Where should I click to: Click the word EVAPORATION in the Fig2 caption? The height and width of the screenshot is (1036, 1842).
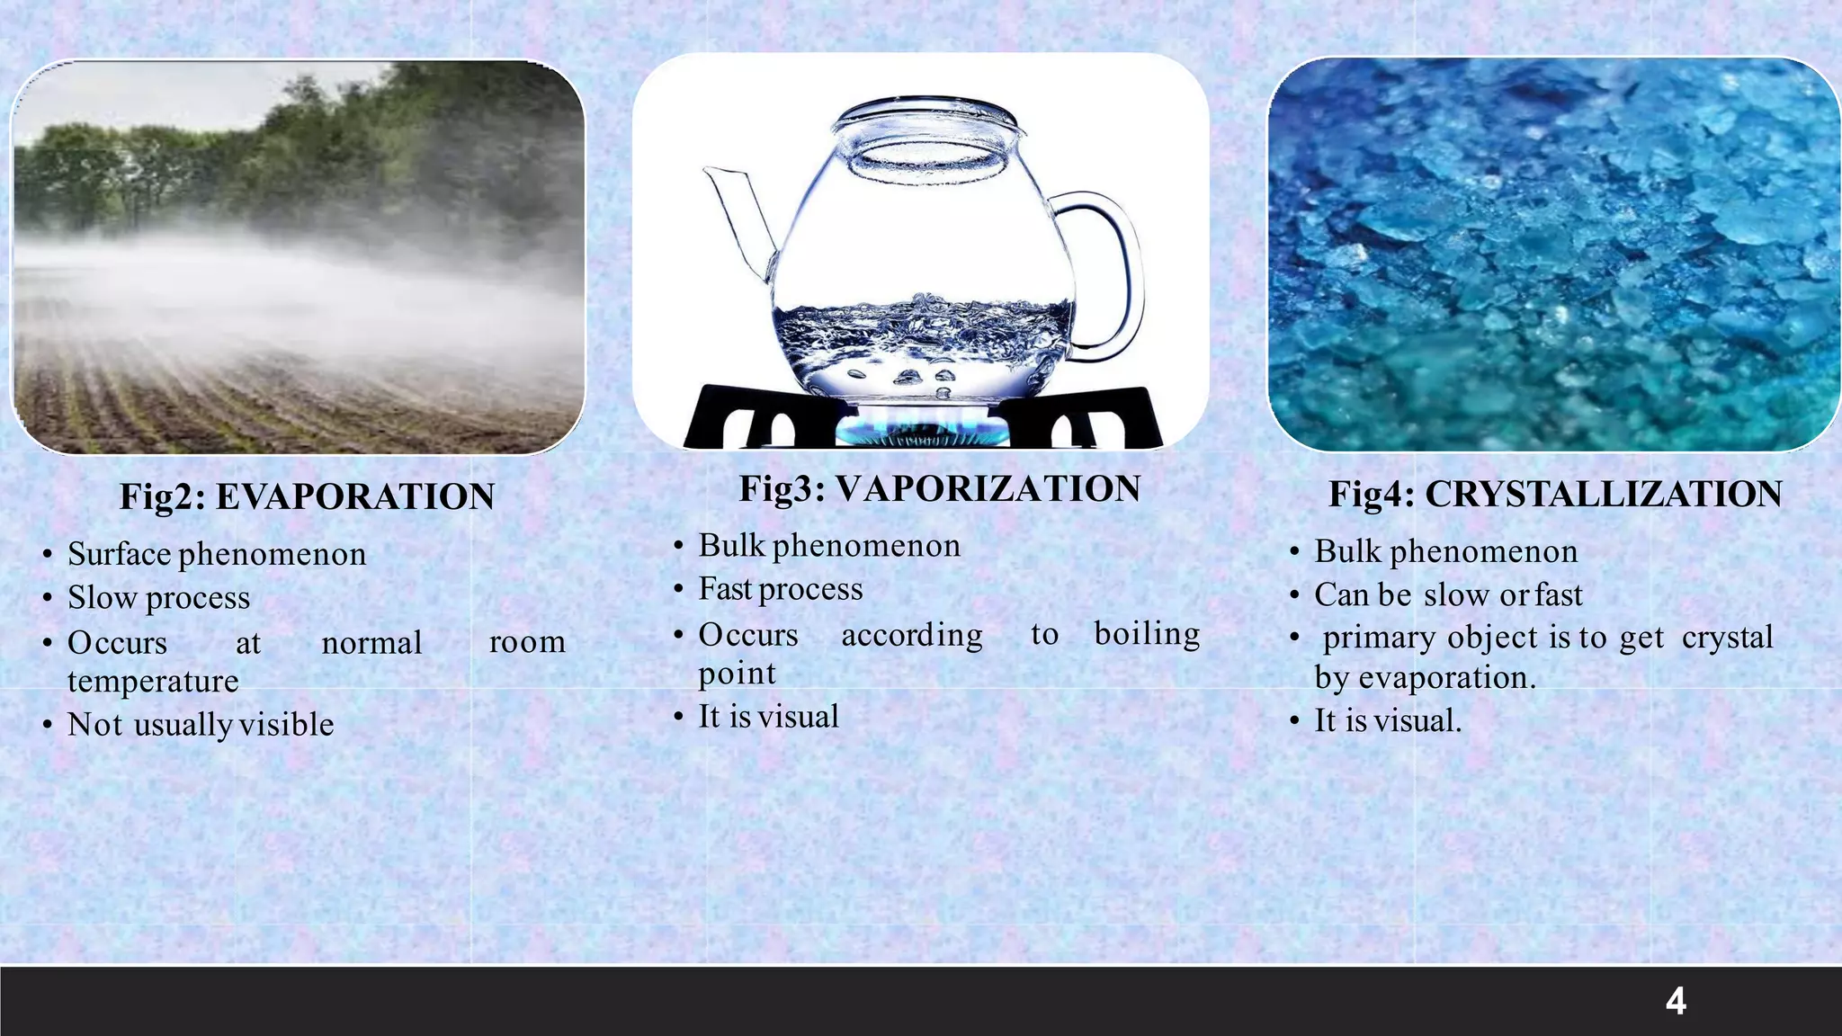tap(355, 496)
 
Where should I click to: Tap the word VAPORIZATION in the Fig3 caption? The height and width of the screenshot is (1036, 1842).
tap(988, 489)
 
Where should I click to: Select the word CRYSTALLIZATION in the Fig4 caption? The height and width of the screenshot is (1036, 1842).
tap(1603, 495)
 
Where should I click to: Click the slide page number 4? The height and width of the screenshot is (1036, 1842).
tap(1676, 1001)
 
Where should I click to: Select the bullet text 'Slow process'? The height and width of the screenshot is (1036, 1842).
tap(159, 598)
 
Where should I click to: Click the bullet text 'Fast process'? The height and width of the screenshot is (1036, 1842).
tap(781, 589)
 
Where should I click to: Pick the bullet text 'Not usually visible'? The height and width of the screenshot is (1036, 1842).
tap(201, 725)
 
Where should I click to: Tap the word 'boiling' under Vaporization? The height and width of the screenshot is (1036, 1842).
tap(1147, 634)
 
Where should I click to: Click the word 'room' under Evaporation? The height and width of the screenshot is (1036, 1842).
tap(527, 642)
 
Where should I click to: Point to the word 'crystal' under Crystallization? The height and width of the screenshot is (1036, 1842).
tap(1727, 638)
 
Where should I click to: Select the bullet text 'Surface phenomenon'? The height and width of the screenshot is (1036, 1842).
tap(217, 554)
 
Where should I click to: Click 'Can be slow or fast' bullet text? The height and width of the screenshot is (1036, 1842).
tap(1448, 595)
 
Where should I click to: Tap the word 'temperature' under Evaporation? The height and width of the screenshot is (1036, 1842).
tap(153, 681)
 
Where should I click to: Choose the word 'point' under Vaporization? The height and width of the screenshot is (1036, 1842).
tap(737, 673)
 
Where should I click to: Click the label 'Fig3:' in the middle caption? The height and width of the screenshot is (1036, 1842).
tap(782, 489)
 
